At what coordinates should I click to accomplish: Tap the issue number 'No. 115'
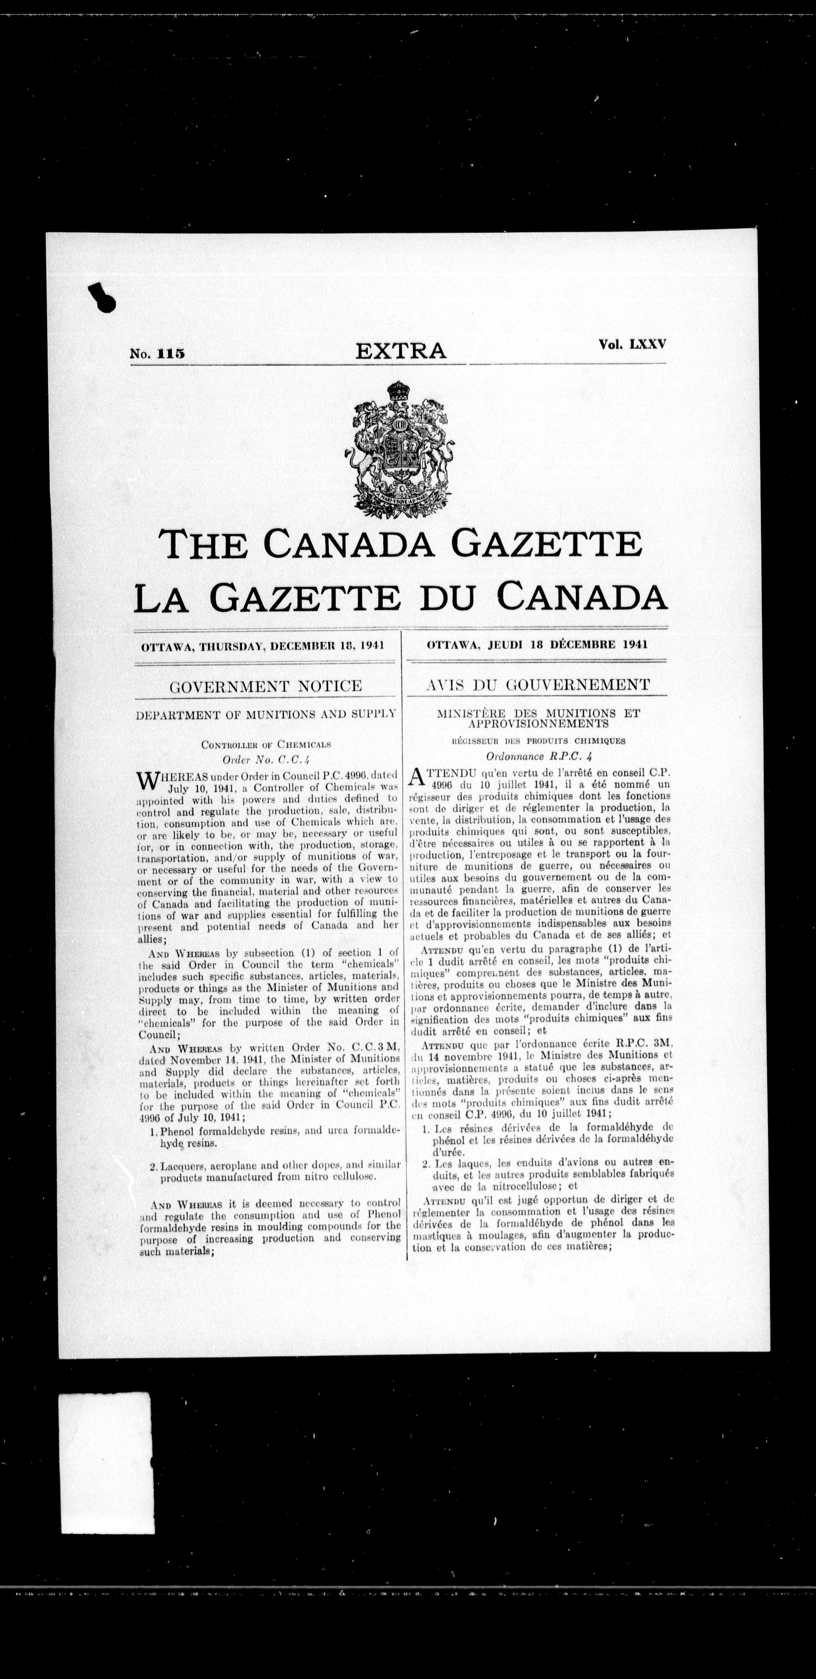click(158, 354)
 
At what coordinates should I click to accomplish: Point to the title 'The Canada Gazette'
click(401, 544)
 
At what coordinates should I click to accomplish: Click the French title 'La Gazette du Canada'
click(401, 597)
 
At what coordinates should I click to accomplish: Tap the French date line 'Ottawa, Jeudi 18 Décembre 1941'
click(536, 645)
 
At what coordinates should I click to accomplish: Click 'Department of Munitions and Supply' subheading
click(266, 714)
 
